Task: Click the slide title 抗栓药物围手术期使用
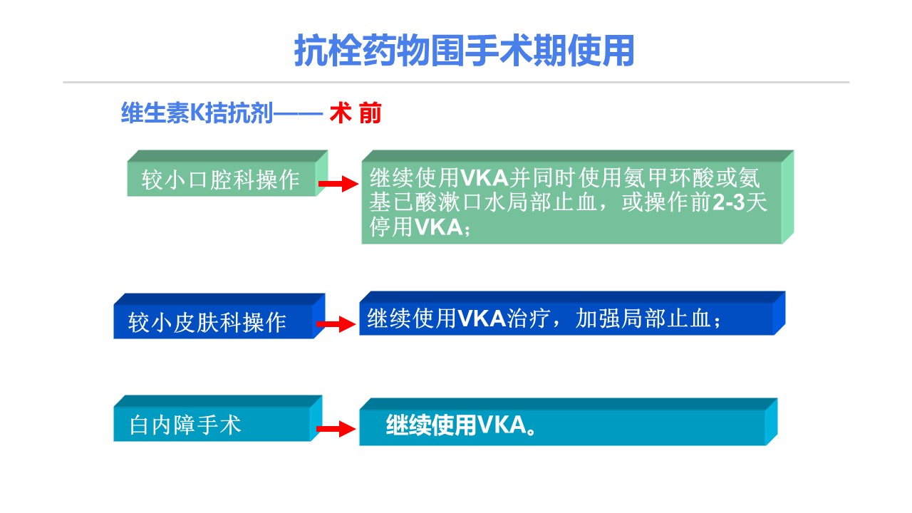point(464,51)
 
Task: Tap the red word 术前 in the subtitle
point(356,113)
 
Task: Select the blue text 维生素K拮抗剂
point(197,113)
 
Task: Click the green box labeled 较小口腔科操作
point(227,173)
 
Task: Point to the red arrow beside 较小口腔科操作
point(338,184)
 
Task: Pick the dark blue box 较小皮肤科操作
point(219,316)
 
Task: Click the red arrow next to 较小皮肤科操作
point(336,324)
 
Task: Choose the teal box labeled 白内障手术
point(218,418)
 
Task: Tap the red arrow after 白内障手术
point(336,429)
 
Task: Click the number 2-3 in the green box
point(729,202)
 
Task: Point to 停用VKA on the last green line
point(415,227)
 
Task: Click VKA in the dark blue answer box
point(482,318)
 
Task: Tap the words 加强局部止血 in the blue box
point(643,318)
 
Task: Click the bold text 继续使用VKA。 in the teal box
point(461,425)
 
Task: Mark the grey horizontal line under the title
point(456,82)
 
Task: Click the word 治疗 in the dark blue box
point(529,318)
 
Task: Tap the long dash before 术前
point(298,113)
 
